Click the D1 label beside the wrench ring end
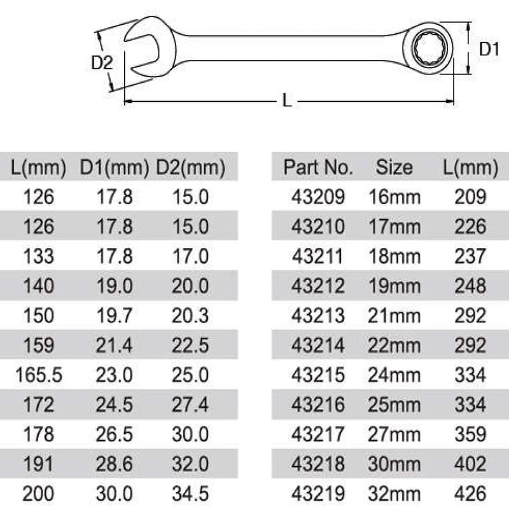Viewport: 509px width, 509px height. (489, 50)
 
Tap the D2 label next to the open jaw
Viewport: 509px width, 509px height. (102, 62)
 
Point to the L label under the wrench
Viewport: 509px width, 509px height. (287, 101)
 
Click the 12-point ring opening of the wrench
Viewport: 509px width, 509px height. (429, 49)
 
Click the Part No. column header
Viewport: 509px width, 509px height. (318, 167)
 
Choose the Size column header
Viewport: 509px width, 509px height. (394, 167)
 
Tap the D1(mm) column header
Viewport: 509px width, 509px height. (115, 167)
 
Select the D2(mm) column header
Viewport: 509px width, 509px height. (190, 167)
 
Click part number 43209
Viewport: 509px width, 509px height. (318, 197)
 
